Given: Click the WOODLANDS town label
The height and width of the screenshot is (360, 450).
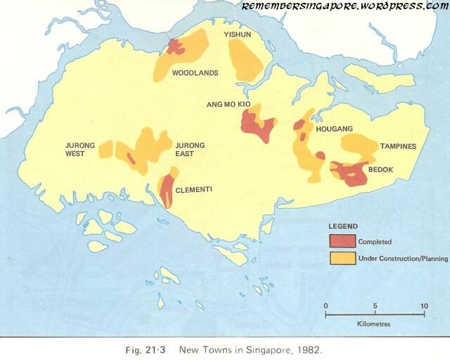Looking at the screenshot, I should pos(195,72).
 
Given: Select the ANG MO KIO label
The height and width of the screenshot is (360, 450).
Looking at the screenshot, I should pos(228,104).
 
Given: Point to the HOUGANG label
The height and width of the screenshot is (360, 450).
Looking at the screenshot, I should pos(334,129).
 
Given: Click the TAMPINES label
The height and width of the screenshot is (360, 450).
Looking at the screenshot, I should pos(399,146).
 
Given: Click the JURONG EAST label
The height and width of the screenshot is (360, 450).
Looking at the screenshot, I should pos(190,150).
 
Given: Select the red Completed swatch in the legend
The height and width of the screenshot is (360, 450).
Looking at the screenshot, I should pos(342,241).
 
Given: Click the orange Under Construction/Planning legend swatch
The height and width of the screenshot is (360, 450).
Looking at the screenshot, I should pos(342,258).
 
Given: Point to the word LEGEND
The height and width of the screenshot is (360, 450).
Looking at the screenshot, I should pos(343,226).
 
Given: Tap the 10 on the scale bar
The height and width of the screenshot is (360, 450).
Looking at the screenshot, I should pos(424,306).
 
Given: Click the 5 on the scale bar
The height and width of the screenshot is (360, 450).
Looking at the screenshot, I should pos(375,306).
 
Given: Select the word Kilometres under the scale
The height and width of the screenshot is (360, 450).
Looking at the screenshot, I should pos(373,324).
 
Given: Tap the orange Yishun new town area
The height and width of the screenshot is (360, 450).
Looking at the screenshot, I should pos(246,60).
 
